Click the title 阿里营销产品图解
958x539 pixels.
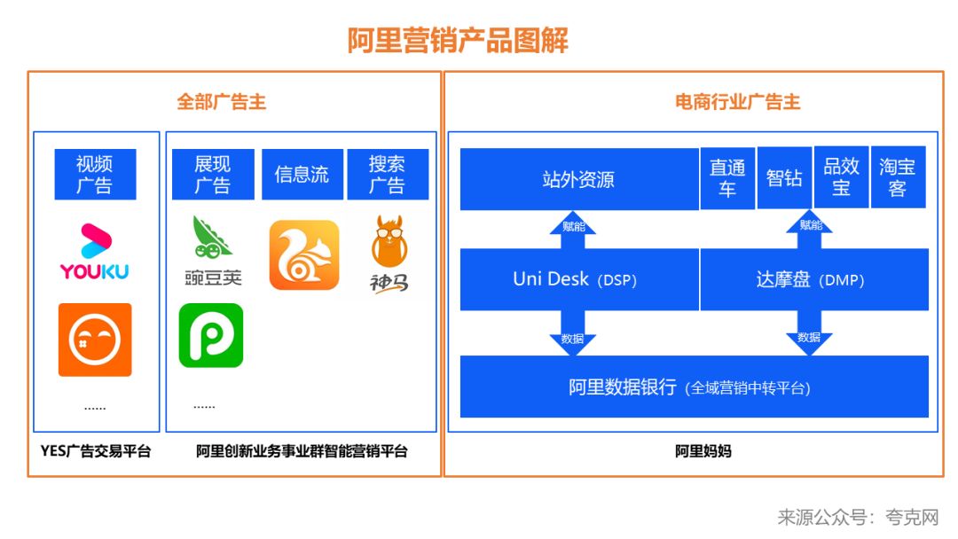point(457,41)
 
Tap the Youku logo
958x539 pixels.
point(94,252)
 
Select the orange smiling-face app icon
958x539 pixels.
point(95,340)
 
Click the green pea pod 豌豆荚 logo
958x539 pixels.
point(213,251)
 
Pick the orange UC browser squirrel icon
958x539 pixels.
point(304,255)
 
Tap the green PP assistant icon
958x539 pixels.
point(211,335)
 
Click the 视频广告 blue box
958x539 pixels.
point(94,175)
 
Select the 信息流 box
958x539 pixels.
point(302,175)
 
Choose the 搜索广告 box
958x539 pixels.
point(388,175)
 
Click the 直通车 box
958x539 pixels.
point(727,178)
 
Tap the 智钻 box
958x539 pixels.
point(784,178)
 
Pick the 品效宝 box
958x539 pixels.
point(841,176)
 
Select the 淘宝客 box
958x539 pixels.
point(898,176)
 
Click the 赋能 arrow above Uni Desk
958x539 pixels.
point(573,226)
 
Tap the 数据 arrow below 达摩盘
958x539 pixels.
point(809,337)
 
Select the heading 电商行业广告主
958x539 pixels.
point(738,102)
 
